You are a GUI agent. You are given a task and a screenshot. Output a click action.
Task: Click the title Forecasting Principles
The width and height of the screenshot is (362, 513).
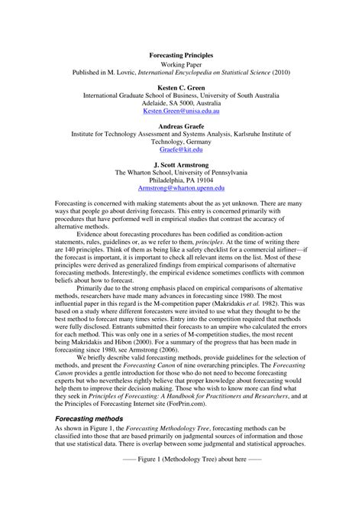pyautogui.click(x=181, y=56)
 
